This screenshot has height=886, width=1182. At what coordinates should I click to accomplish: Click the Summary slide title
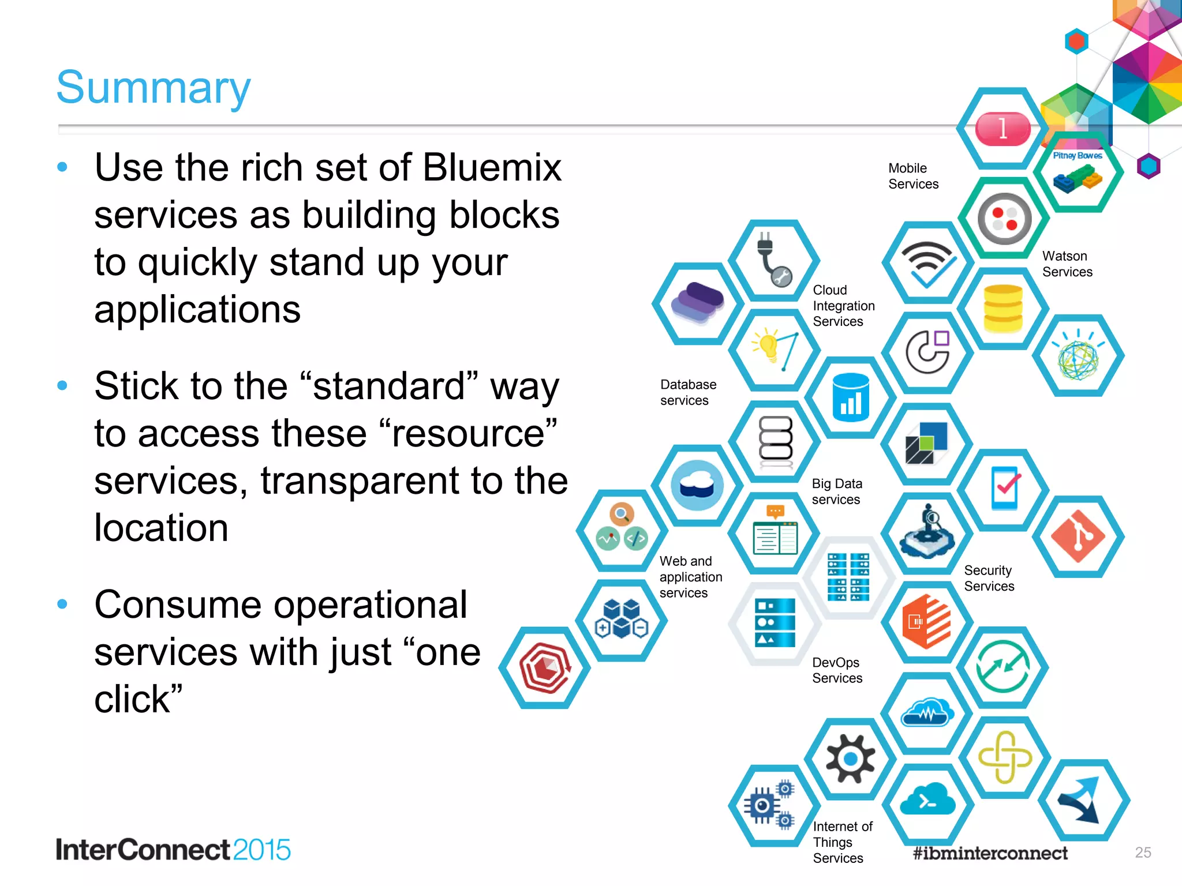click(154, 87)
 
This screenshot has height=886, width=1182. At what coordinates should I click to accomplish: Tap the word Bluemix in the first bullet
click(492, 168)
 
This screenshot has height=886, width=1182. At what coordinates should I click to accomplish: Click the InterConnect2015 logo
click(173, 850)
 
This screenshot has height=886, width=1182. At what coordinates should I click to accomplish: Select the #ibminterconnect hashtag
click(990, 853)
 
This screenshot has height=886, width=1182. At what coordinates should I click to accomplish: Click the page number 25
click(1143, 852)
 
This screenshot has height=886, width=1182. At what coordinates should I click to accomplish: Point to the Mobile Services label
click(913, 176)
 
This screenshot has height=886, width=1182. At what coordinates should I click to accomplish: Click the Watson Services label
click(1067, 264)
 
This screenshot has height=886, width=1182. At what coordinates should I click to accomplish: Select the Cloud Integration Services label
click(843, 306)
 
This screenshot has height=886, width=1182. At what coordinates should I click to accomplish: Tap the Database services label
click(688, 392)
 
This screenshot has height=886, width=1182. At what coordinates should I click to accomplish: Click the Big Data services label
click(836, 491)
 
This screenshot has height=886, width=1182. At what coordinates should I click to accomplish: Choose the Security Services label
click(989, 578)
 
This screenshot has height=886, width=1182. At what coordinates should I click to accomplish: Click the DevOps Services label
click(837, 670)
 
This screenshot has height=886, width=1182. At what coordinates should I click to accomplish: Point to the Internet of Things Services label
click(842, 842)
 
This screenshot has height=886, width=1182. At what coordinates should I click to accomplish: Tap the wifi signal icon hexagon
click(927, 263)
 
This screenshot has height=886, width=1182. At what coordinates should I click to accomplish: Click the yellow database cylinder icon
click(1003, 309)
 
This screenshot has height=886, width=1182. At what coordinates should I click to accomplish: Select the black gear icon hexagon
click(850, 759)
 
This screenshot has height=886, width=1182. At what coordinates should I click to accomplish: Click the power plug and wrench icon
click(773, 260)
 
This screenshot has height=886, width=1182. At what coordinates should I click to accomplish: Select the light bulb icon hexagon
click(774, 350)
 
